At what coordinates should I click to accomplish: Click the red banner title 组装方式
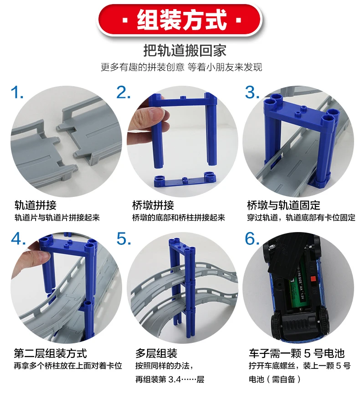(x=181, y=20)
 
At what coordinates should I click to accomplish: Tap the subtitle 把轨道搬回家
(x=185, y=50)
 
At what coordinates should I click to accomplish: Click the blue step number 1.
(x=17, y=93)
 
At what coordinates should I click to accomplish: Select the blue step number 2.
(x=123, y=93)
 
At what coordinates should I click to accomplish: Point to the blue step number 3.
(x=252, y=93)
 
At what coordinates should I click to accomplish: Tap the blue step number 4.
(x=18, y=238)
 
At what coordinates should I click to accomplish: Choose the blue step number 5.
(x=124, y=238)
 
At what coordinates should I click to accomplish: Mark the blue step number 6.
(x=252, y=238)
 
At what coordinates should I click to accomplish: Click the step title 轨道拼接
(x=36, y=205)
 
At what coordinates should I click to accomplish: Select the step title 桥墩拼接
(x=153, y=205)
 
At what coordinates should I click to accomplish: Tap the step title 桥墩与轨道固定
(x=283, y=205)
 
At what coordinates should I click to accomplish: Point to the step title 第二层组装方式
(x=50, y=353)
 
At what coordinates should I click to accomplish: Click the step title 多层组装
(x=156, y=353)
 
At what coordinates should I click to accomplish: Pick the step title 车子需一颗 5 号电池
(x=297, y=353)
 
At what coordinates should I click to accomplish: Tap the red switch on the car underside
(x=313, y=279)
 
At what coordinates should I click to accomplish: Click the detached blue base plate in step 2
(x=185, y=180)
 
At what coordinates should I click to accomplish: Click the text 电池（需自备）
(x=275, y=379)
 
